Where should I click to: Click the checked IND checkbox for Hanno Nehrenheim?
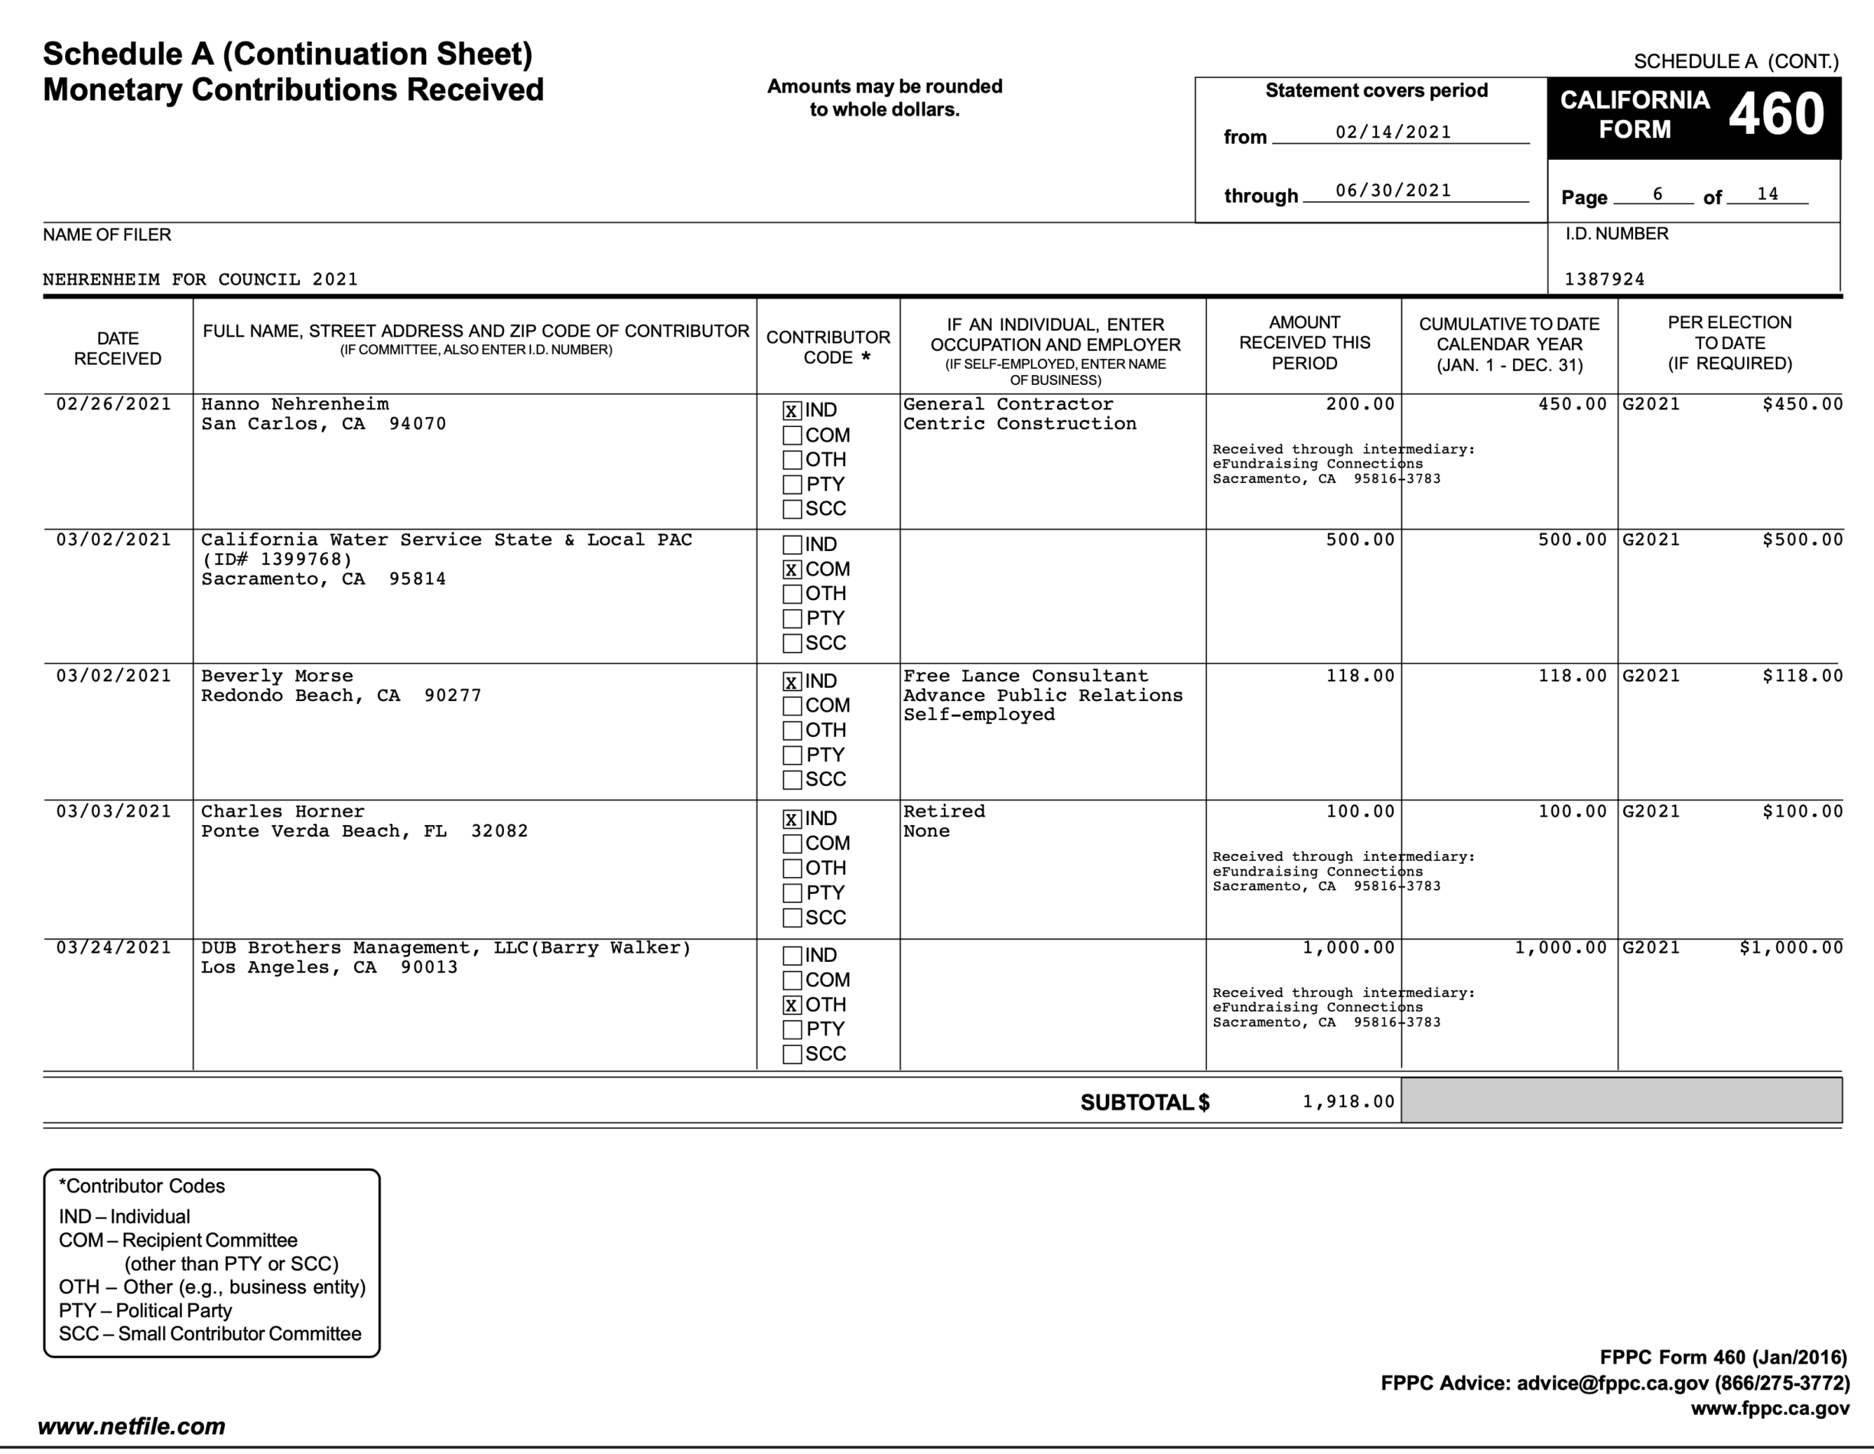click(791, 411)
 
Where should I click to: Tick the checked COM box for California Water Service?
click(791, 570)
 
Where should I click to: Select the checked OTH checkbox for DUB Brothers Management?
click(791, 1005)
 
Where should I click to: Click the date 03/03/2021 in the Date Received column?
click(114, 812)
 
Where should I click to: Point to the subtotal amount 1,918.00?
click(1348, 1102)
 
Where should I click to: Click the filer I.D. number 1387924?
click(1605, 280)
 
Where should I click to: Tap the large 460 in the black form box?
click(1775, 115)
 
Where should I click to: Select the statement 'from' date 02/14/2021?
click(1394, 132)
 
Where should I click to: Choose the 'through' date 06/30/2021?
click(1394, 191)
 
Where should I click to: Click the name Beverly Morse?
click(276, 676)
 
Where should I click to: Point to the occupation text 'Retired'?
click(944, 812)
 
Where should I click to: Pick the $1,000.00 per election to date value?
click(1791, 948)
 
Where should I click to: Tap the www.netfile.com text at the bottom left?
click(132, 1426)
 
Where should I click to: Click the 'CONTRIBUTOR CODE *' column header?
click(828, 347)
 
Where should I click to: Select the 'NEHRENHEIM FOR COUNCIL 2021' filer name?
click(200, 280)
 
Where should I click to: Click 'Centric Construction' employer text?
click(1020, 424)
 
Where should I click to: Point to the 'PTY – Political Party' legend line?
click(145, 1311)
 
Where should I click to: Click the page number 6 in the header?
click(1657, 195)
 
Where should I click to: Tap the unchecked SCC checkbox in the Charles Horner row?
click(791, 918)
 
